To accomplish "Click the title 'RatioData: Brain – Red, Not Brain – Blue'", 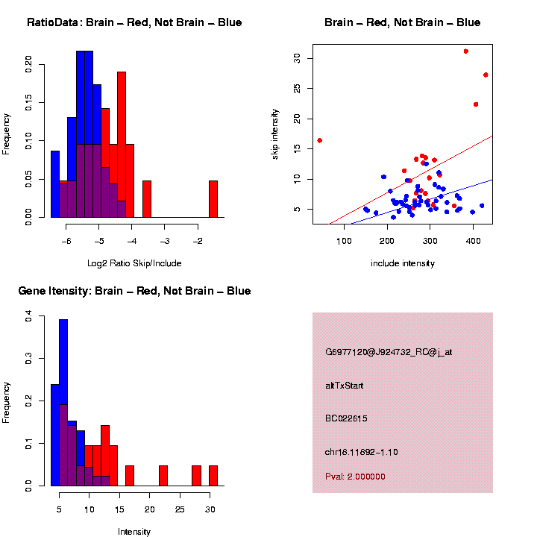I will pyautogui.click(x=134, y=22).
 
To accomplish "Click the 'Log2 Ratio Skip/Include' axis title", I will pyautogui.click(x=134, y=263).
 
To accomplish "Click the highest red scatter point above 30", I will pyautogui.click(x=466, y=51).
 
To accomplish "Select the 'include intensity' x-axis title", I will pyautogui.click(x=403, y=263).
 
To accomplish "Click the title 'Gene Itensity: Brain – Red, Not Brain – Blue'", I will pyautogui.click(x=134, y=290).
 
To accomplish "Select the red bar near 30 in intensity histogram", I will pyautogui.click(x=213, y=475).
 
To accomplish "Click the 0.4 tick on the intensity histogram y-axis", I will pyautogui.click(x=28, y=317).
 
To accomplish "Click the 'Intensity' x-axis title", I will pyautogui.click(x=134, y=532).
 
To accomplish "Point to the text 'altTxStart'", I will pyautogui.click(x=345, y=386).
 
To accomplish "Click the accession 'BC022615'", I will pyautogui.click(x=346, y=418).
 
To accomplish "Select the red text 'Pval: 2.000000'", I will pyautogui.click(x=355, y=477).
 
